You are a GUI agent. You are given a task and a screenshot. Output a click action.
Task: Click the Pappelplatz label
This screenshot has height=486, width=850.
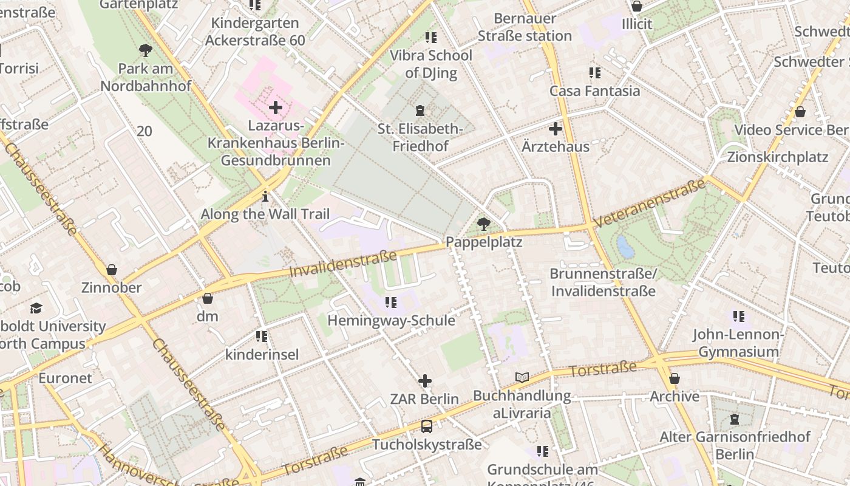(484, 242)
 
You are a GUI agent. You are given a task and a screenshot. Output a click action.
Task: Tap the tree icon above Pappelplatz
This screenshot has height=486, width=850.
(484, 225)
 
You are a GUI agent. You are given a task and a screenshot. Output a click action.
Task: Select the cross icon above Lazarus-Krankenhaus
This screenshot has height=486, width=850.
(276, 108)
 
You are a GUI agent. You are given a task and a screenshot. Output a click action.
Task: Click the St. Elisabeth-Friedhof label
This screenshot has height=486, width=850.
(420, 137)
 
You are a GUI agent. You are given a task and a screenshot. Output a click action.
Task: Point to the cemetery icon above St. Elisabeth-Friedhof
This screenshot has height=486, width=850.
(420, 111)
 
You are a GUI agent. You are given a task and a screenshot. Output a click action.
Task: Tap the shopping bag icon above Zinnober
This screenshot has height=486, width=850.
(111, 270)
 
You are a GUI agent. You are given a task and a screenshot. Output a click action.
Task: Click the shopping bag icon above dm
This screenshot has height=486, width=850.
(208, 298)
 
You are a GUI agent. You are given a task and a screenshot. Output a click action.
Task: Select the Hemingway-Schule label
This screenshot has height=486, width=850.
(391, 320)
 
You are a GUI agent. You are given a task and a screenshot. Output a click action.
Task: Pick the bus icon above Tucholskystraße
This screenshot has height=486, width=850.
(427, 426)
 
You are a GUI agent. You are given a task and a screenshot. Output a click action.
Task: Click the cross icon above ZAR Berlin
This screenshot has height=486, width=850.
(425, 382)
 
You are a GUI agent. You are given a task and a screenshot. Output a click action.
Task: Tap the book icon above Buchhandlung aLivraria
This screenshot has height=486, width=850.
(522, 378)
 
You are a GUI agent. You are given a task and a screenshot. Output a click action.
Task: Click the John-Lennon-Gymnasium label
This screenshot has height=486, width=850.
(738, 343)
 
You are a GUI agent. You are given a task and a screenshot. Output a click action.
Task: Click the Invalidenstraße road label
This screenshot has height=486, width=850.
(344, 264)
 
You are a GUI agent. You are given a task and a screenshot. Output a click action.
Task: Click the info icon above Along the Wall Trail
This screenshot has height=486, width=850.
(265, 196)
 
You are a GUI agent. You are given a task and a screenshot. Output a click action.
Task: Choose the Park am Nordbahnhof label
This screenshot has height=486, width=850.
(146, 77)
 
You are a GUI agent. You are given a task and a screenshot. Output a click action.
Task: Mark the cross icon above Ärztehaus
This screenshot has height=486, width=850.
(556, 129)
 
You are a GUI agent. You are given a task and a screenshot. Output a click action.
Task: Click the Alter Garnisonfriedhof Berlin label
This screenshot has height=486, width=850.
(735, 445)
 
